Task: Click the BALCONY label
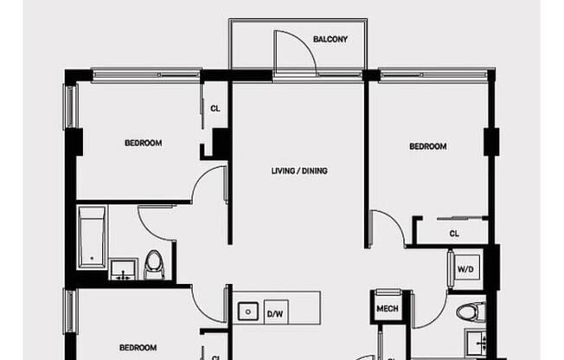point(330,39)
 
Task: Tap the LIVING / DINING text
point(299,171)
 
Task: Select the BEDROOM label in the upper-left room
point(143,143)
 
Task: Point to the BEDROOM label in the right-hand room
point(428,147)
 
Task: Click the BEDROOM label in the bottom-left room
point(138,348)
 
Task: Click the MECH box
point(385,309)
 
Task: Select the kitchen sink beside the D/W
point(248,310)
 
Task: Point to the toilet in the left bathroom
point(155,264)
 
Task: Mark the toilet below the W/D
point(467,312)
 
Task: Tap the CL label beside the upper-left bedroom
point(215,109)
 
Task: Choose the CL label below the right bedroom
point(453,234)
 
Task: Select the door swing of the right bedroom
point(387,228)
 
